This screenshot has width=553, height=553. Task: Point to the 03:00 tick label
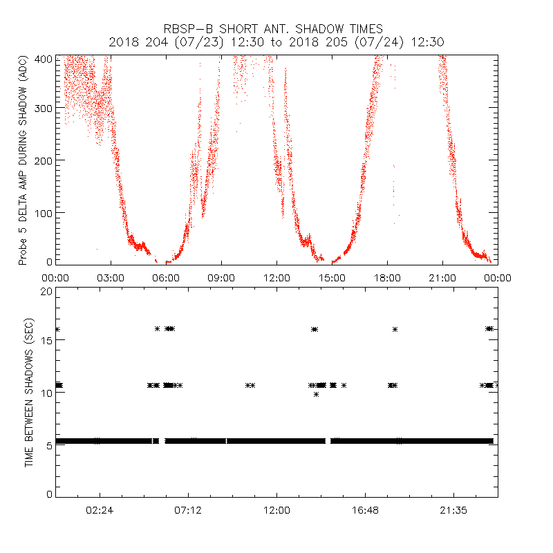tap(111, 278)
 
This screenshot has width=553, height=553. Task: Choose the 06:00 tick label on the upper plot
tap(166, 278)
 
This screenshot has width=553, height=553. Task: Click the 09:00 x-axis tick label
tap(221, 278)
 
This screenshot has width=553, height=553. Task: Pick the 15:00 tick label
tap(332, 278)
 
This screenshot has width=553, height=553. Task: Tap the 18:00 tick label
tap(387, 278)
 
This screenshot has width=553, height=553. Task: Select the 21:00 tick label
tap(442, 278)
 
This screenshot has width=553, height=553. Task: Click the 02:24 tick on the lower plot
tap(100, 511)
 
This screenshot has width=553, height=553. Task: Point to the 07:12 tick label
tap(188, 511)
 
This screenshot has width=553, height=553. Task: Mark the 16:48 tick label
tap(365, 511)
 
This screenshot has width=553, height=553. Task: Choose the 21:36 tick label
tap(453, 511)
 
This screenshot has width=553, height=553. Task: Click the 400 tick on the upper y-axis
tap(44, 59)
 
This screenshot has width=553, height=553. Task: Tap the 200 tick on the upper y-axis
tap(44, 160)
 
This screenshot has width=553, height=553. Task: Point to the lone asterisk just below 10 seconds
tap(316, 394)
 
